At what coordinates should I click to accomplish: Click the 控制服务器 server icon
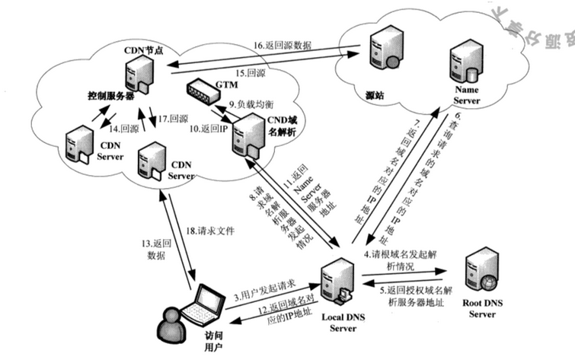pyautogui.click(x=136, y=72)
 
